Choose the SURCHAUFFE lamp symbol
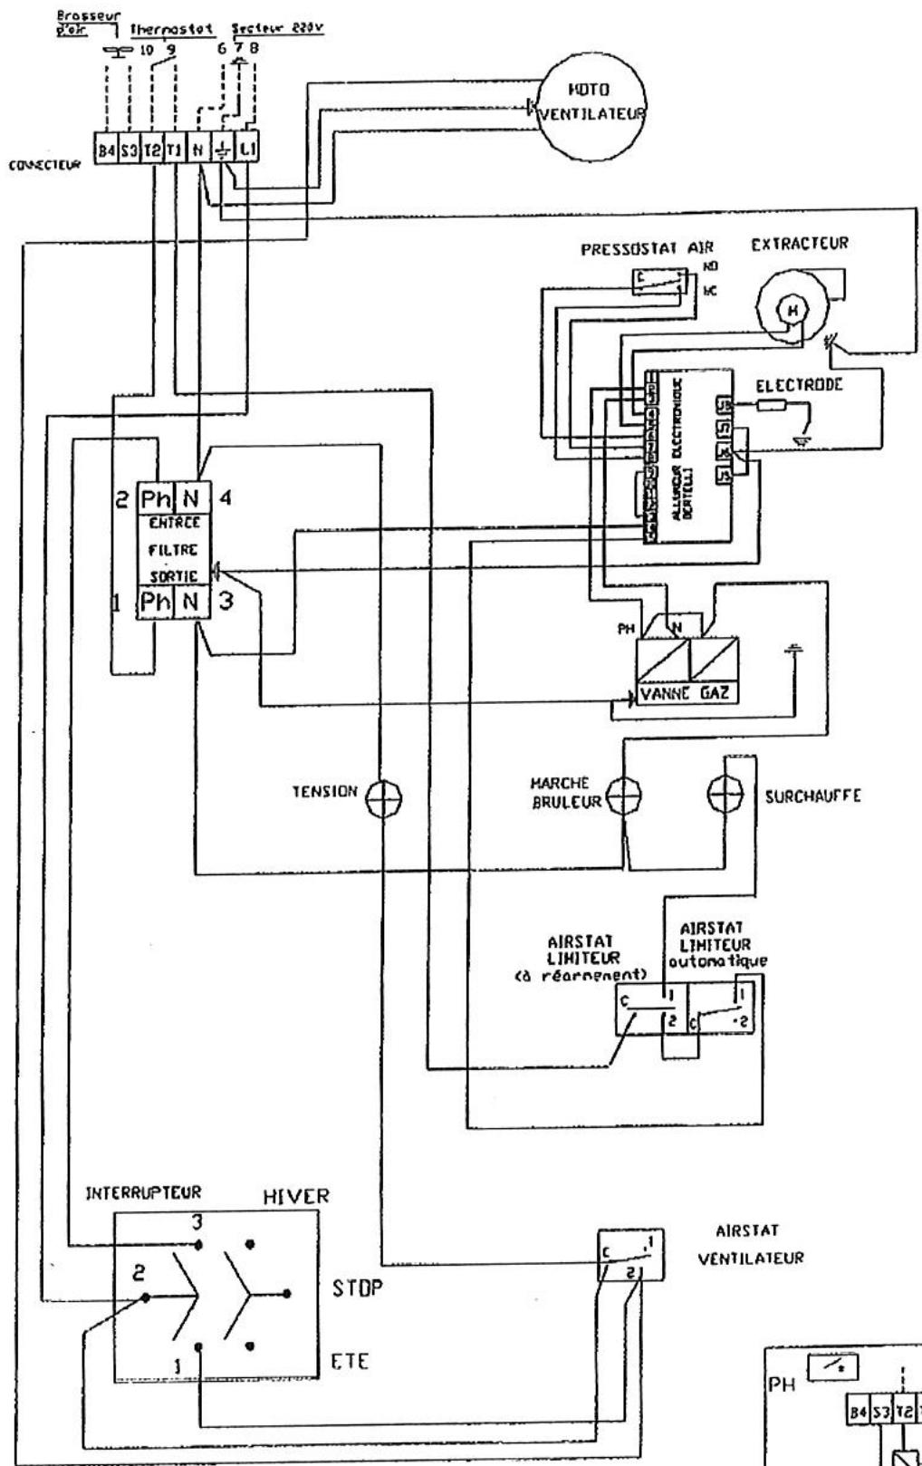coord(727,796)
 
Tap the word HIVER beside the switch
coord(295,1197)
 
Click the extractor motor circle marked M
coord(793,311)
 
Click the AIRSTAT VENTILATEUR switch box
coord(630,1256)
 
